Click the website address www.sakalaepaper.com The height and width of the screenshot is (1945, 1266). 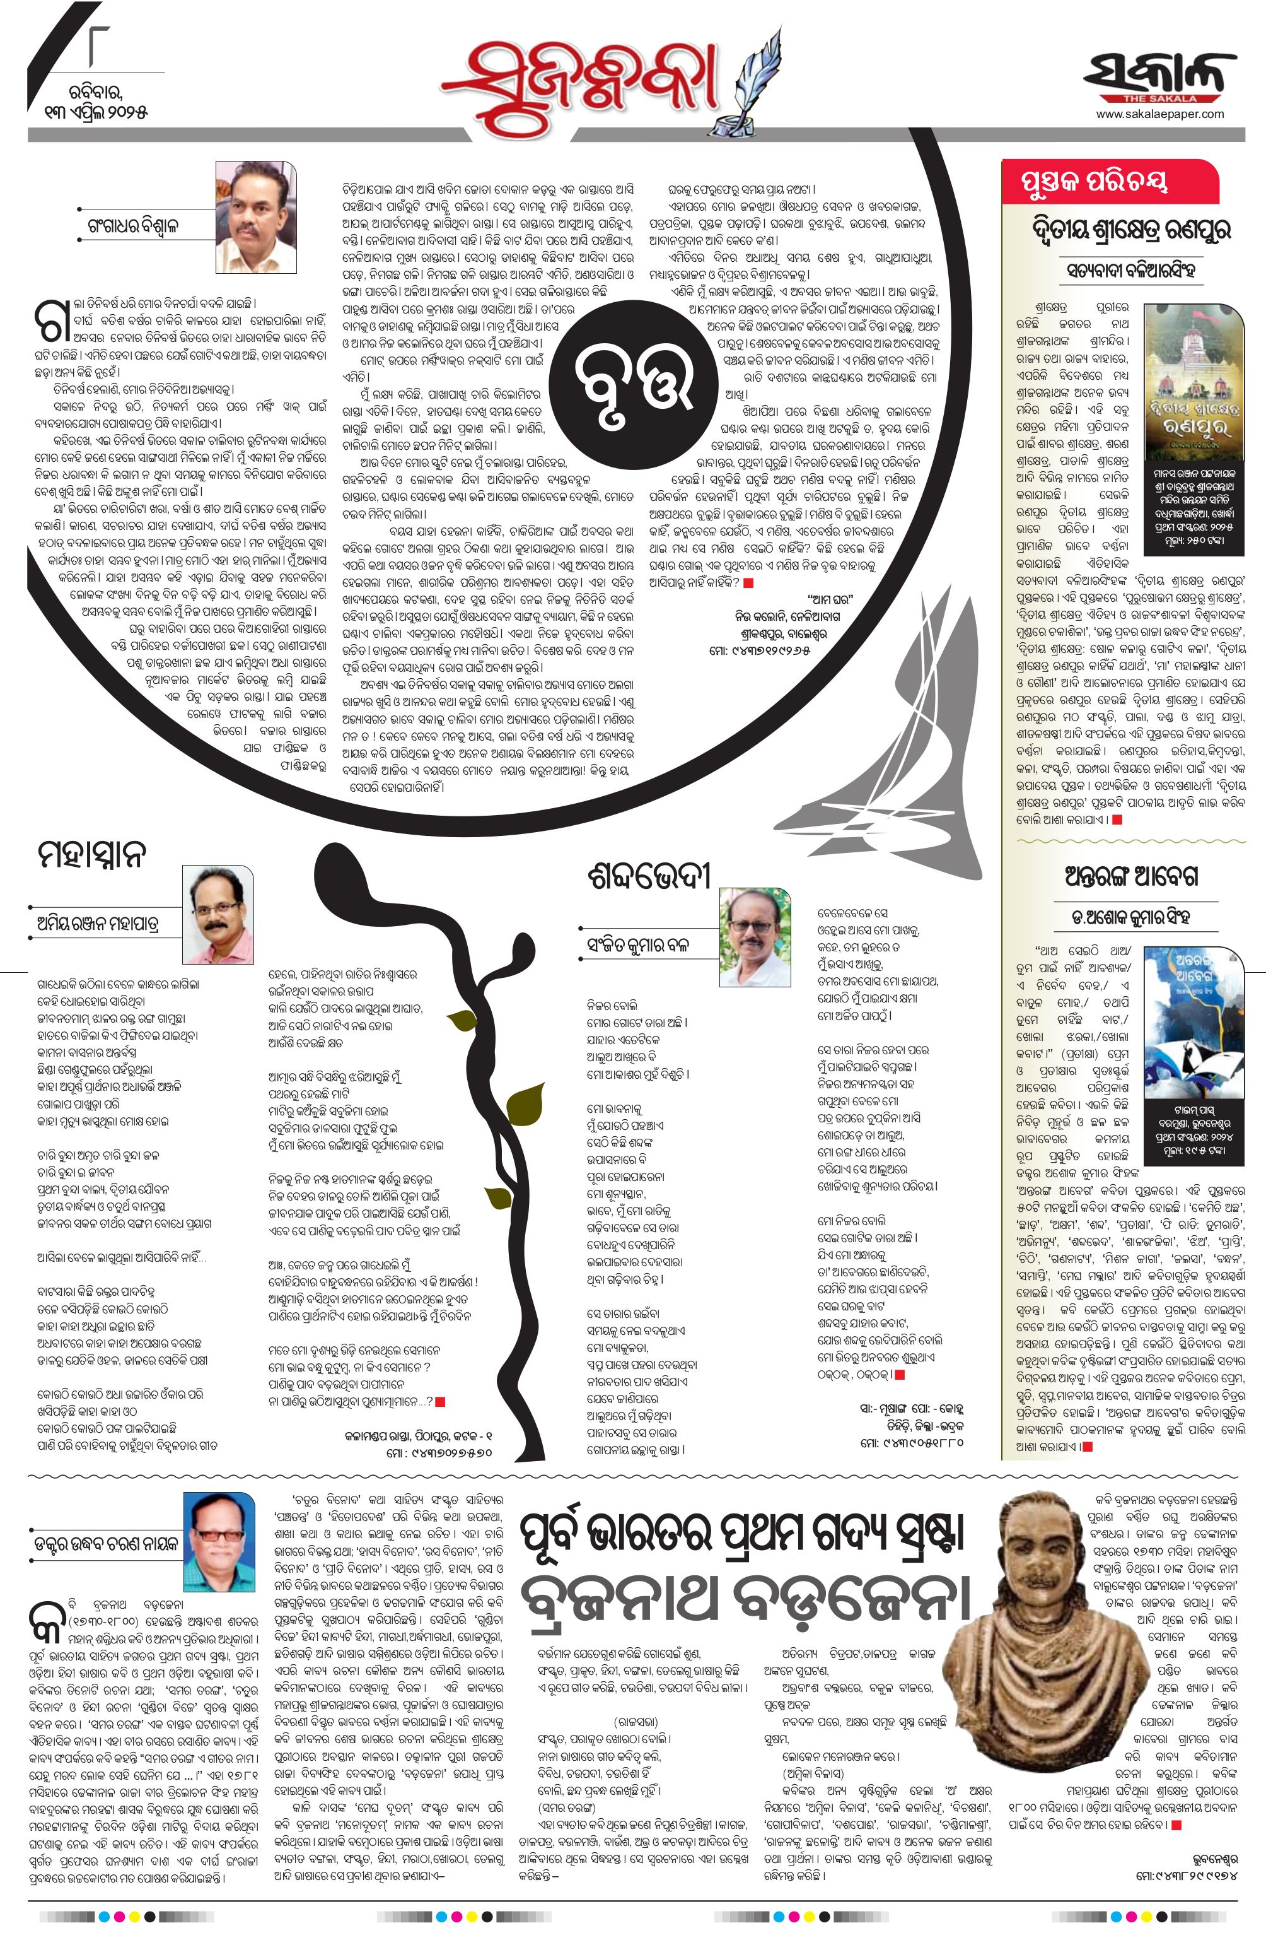pos(1160,114)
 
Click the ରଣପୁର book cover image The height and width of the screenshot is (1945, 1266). pos(1195,384)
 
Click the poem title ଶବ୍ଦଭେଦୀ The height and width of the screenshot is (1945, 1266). pos(649,879)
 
